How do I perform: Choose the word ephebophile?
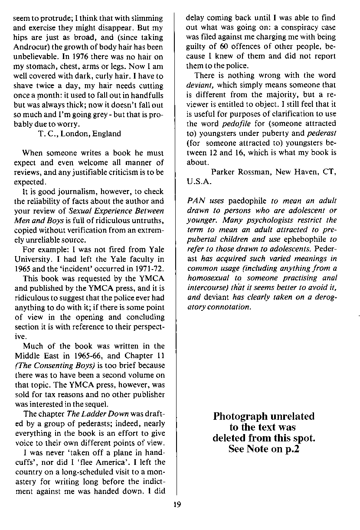click(x=304, y=240)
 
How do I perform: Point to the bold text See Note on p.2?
click(x=264, y=449)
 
